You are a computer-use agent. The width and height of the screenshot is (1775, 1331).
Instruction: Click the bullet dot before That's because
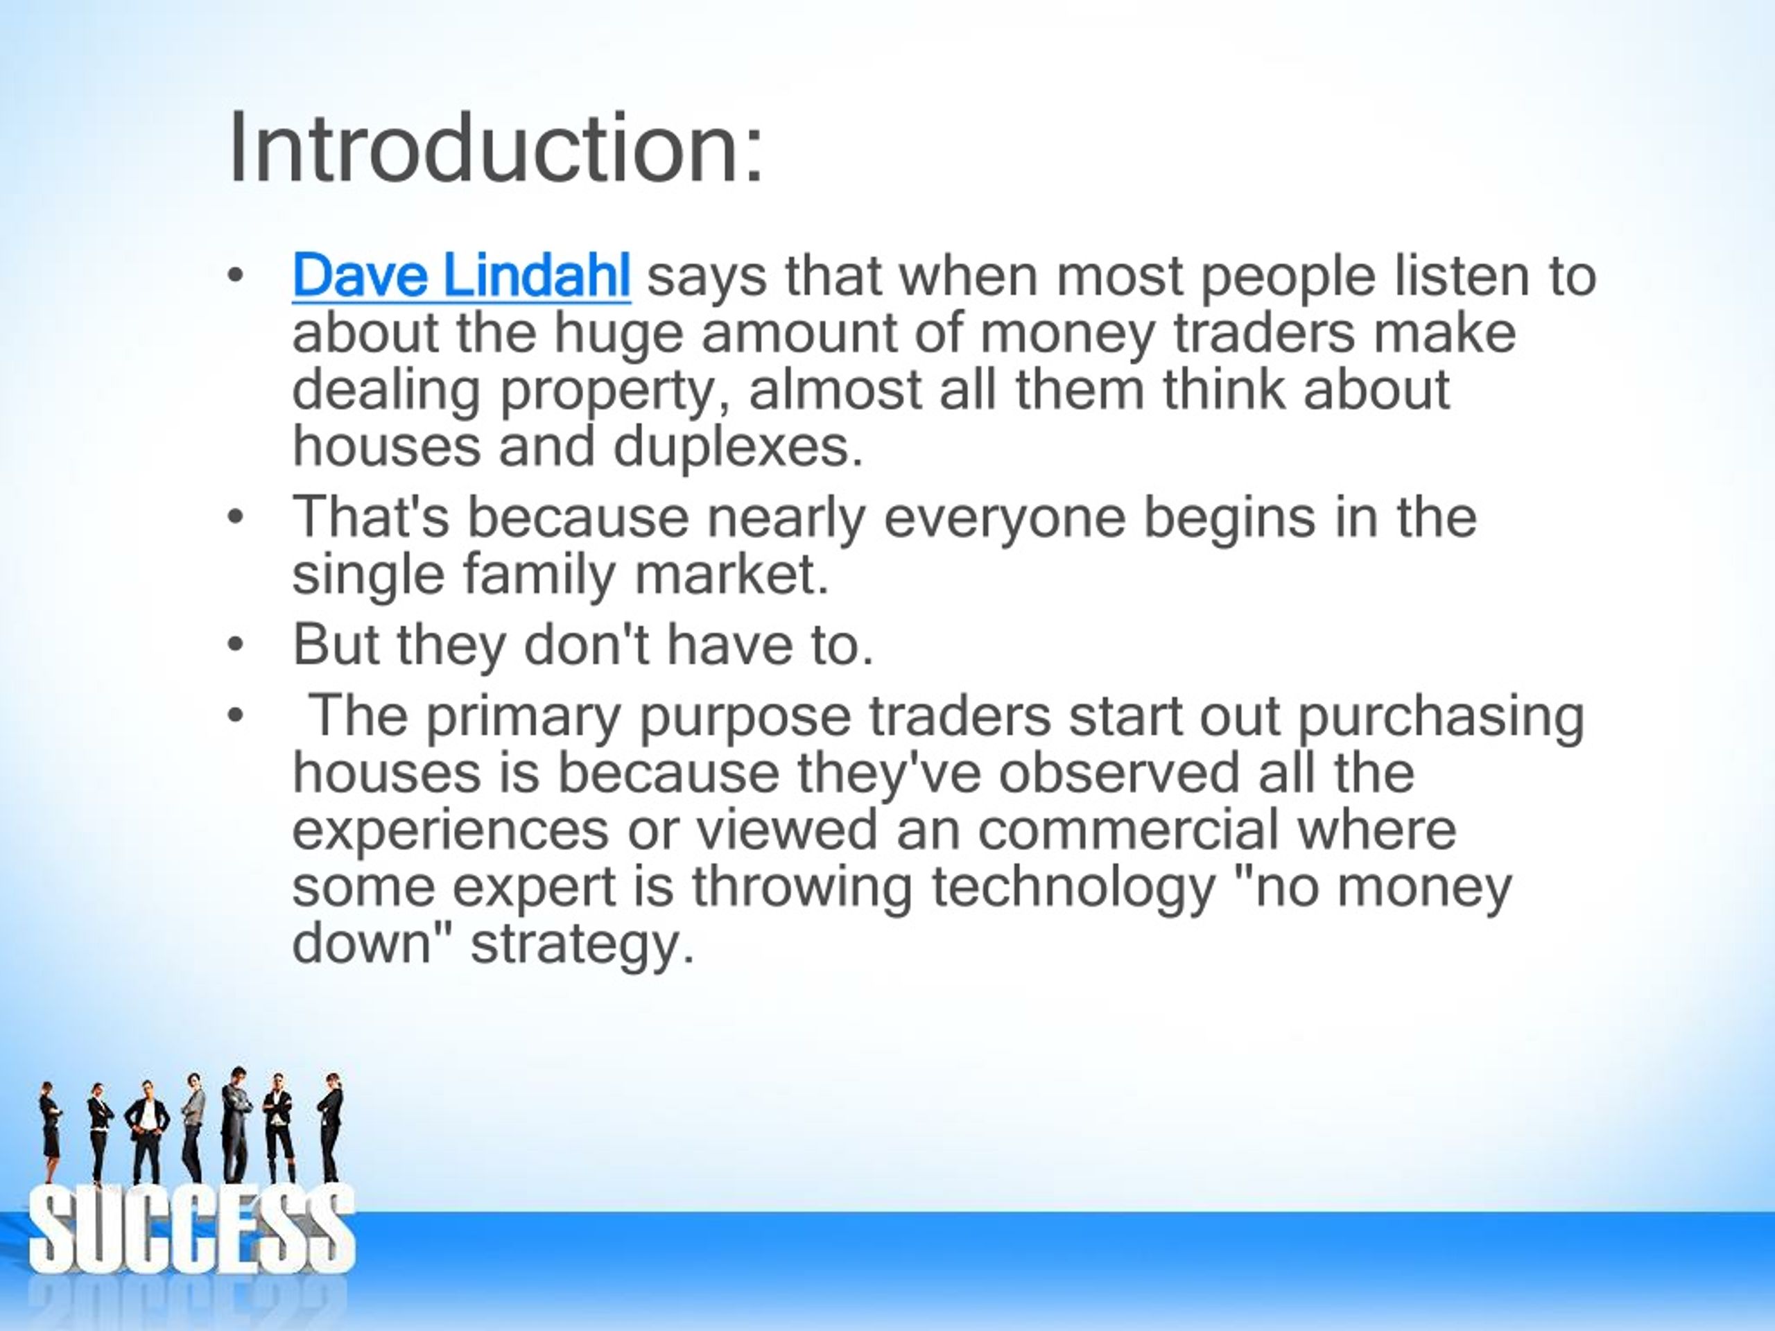234,519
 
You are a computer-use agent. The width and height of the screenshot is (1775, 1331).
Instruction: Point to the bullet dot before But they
234,645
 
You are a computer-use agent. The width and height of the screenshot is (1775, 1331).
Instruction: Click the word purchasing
1440,715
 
